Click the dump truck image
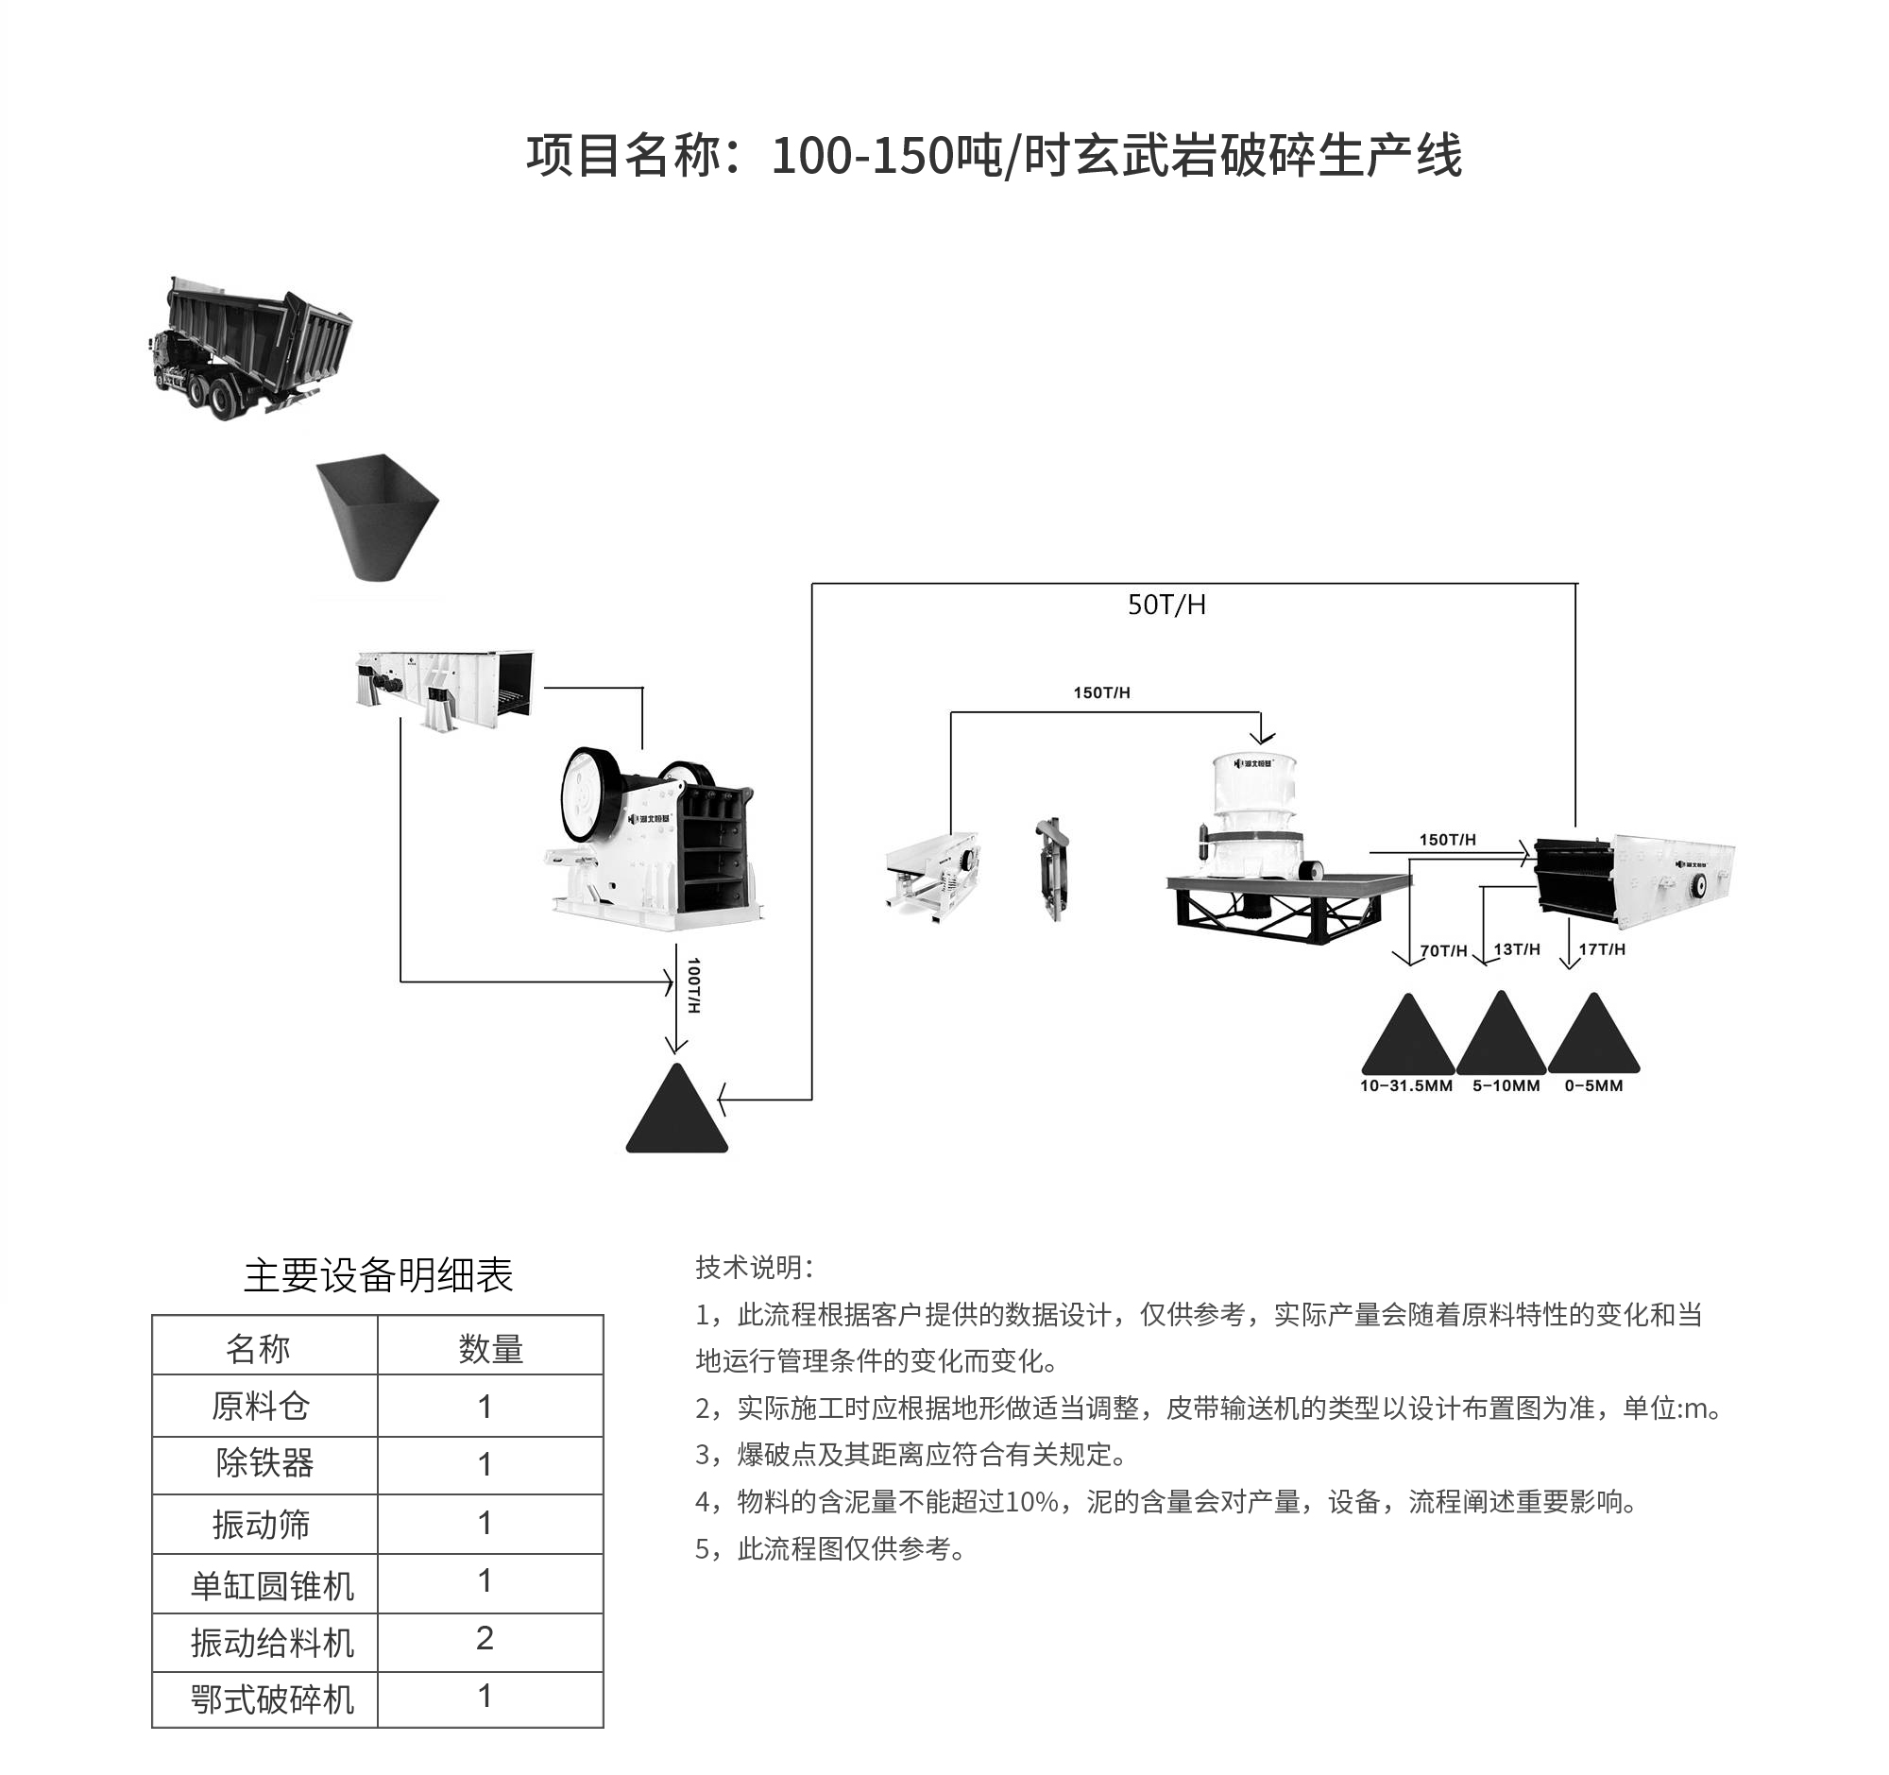click(x=252, y=349)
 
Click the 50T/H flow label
click(x=1166, y=606)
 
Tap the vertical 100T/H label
click(x=693, y=984)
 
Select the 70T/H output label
click(x=1443, y=950)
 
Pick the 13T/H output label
click(x=1517, y=949)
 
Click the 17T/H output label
click(x=1602, y=949)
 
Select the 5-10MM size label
click(x=1506, y=1086)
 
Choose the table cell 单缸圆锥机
click(x=272, y=1586)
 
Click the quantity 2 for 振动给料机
click(x=485, y=1638)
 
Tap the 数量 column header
click(x=490, y=1349)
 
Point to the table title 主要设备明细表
click(x=378, y=1276)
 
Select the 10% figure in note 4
click(x=1032, y=1502)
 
